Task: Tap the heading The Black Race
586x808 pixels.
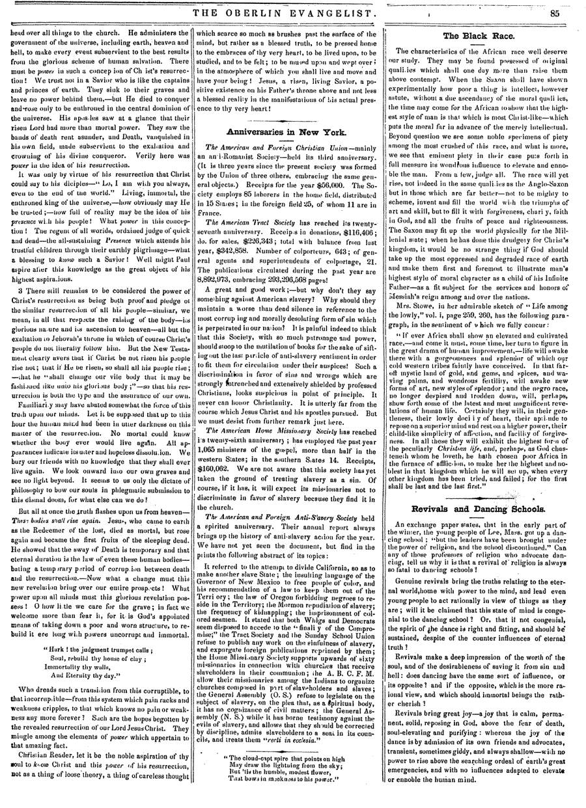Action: (479, 36)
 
